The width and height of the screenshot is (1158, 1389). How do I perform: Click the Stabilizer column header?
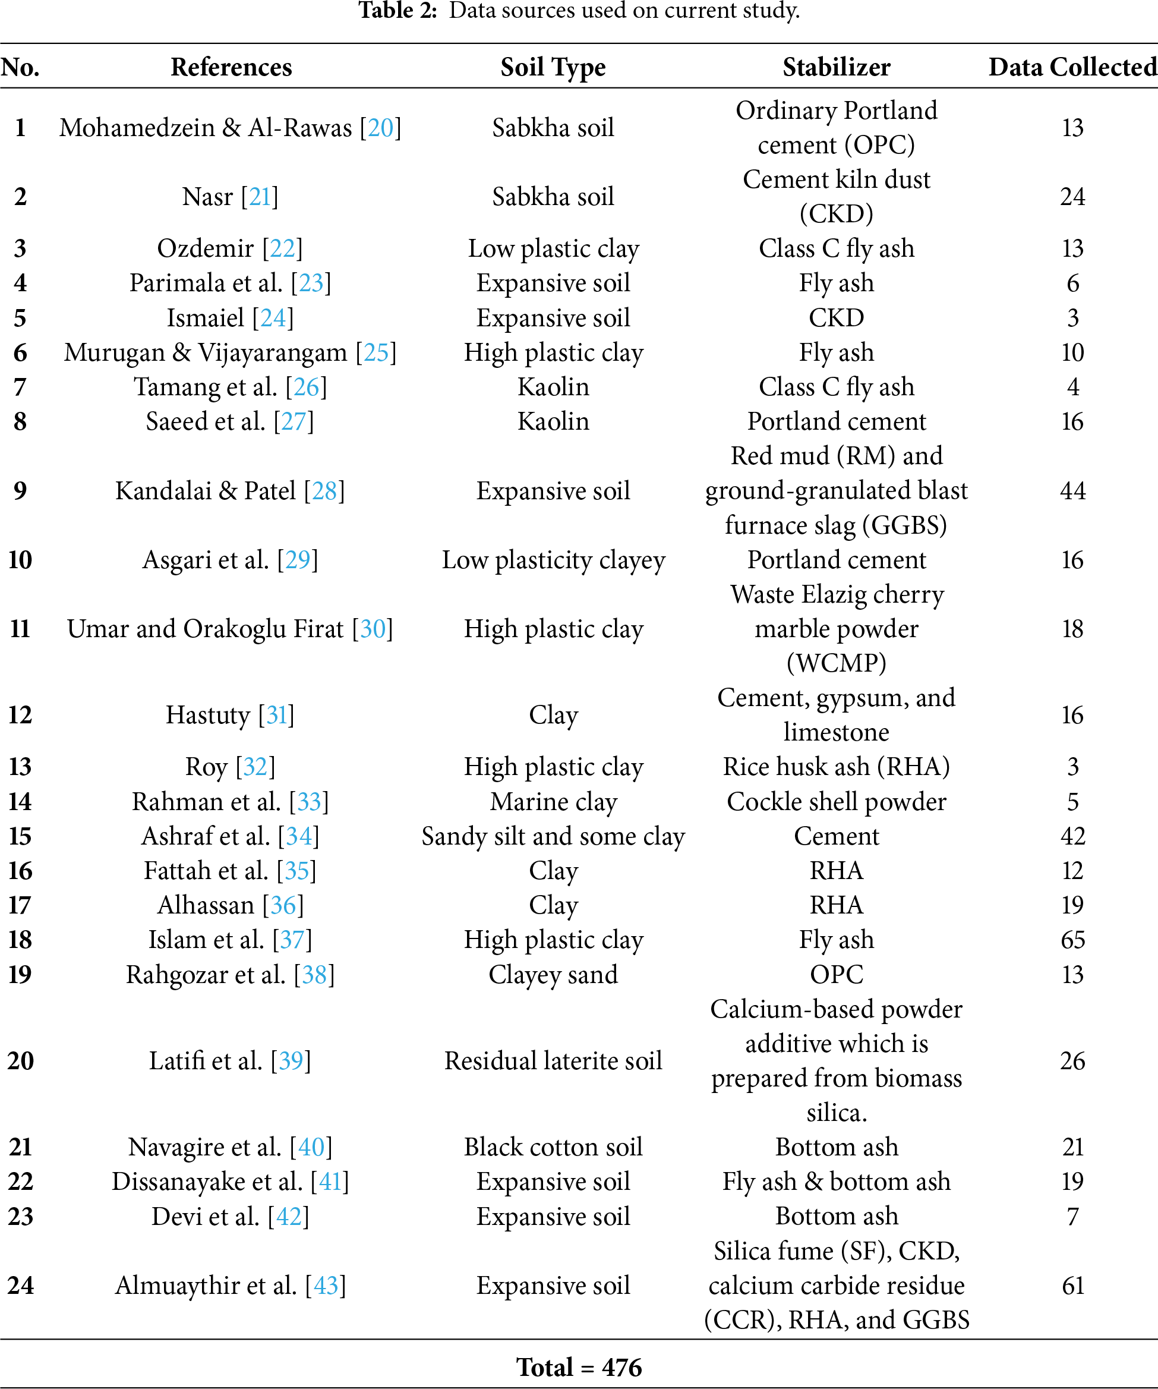(x=836, y=67)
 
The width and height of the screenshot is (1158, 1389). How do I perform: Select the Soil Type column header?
(x=553, y=67)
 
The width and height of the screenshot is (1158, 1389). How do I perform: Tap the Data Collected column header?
(x=1072, y=67)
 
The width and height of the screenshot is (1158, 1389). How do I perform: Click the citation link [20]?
(x=380, y=128)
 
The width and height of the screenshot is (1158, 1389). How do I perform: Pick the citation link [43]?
(x=326, y=1285)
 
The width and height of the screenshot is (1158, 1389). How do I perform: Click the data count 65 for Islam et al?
(x=1072, y=939)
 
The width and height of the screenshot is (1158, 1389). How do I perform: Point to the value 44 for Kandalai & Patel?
(x=1072, y=490)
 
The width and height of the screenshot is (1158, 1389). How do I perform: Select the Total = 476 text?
(x=579, y=1366)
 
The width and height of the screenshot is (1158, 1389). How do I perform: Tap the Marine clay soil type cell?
(x=553, y=801)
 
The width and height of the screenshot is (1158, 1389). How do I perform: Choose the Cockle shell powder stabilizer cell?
(x=836, y=801)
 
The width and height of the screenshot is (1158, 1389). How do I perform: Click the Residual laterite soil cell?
(x=553, y=1060)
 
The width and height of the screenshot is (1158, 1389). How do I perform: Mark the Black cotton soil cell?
(x=553, y=1147)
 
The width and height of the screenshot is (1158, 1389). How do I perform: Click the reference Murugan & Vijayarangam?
(x=205, y=352)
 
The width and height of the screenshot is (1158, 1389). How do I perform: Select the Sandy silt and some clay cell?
(x=553, y=836)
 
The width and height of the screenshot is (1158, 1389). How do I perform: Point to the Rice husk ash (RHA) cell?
(x=836, y=767)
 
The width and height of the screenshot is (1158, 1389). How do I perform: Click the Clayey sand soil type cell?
(x=553, y=974)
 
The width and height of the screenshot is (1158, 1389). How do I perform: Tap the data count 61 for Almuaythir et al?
(x=1072, y=1285)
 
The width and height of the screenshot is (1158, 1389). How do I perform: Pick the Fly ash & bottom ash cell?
(x=836, y=1182)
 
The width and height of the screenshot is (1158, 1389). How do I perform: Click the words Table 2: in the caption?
(x=397, y=11)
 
